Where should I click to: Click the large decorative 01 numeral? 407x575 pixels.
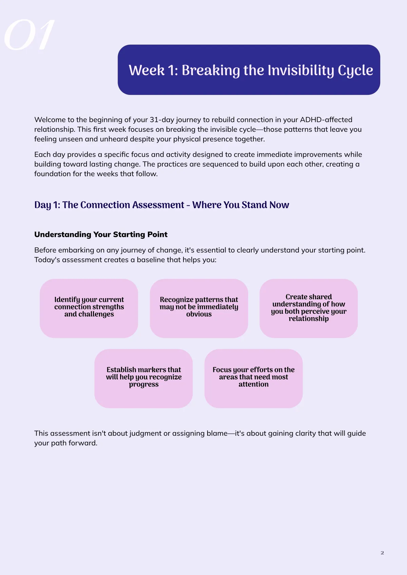pos(29,35)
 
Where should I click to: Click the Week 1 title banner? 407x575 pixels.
pos(249,70)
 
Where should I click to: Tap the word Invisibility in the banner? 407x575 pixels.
pos(301,70)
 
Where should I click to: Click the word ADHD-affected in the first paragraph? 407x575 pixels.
pos(326,120)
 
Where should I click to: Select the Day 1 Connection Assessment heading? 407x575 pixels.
pos(162,205)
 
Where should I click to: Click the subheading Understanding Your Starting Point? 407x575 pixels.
pos(101,234)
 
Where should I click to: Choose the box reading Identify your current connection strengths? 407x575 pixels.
pos(89,308)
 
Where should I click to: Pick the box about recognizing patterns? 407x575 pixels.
pos(199,308)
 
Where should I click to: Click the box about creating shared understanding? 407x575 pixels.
pos(309,308)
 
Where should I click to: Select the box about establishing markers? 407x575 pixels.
pos(143,378)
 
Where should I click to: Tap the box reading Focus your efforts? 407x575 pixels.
pos(254,378)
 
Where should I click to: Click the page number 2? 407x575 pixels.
pos(382,553)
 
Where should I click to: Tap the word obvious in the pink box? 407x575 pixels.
pos(199,314)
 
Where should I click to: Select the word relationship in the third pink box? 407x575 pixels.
pos(309,319)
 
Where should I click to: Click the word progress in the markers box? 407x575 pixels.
pos(143,384)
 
